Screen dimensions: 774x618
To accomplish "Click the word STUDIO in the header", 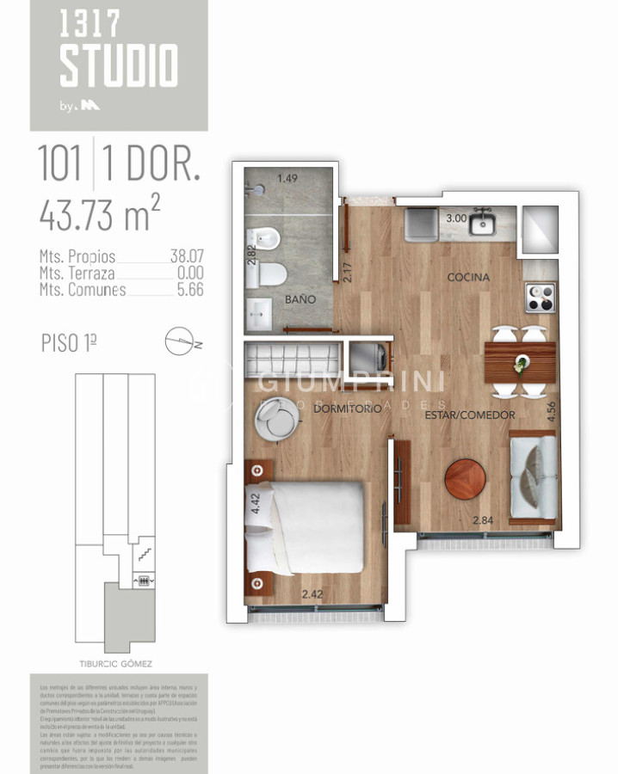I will [x=119, y=66].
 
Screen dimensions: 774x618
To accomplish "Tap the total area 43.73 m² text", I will [x=99, y=213].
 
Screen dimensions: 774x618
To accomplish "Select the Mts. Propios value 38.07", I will [x=186, y=256].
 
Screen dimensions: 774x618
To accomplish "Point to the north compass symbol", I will [x=182, y=342].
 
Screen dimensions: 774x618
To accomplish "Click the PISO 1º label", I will [x=68, y=342].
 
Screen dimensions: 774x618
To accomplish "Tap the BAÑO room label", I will [x=301, y=299].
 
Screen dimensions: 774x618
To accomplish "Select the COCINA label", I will [x=468, y=278].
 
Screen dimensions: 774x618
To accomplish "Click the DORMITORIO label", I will [x=347, y=410].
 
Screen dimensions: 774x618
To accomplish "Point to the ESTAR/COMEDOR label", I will [x=470, y=415].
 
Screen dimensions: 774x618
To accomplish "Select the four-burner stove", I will [x=541, y=298].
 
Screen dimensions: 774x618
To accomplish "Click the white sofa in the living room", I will [x=532, y=476].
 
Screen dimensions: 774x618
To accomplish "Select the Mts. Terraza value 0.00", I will [x=187, y=273].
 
